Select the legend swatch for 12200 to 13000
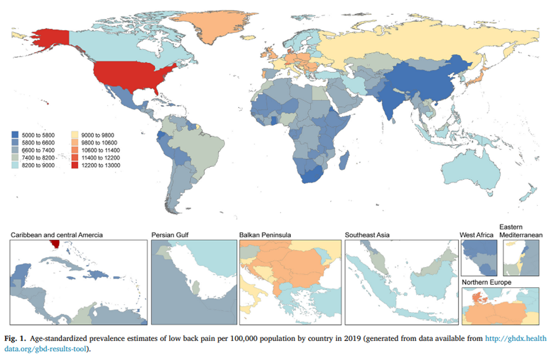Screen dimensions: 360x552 point(75,165)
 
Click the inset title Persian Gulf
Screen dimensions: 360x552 point(170,235)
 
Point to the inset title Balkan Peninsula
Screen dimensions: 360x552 point(265,235)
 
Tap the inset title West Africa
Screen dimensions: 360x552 point(476,235)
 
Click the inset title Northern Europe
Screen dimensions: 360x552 point(487,282)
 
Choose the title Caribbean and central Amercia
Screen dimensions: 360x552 point(57,235)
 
